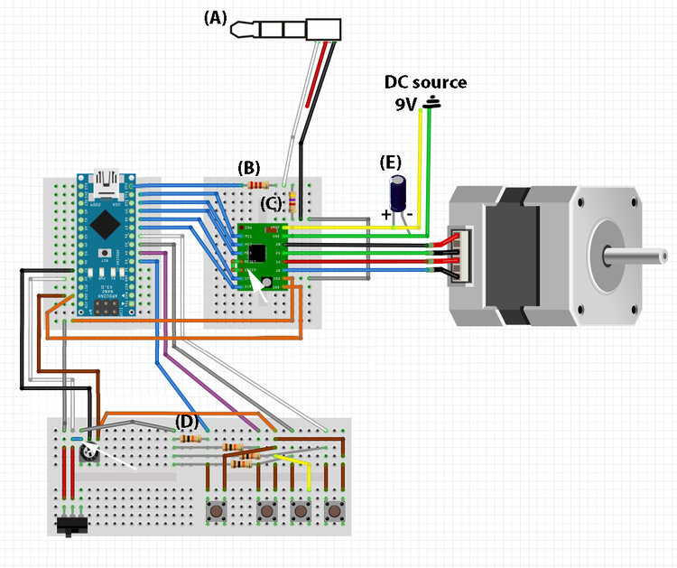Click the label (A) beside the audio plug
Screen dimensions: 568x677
(x=216, y=17)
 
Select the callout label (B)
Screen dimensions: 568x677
(x=248, y=167)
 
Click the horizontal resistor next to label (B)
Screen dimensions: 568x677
(x=259, y=185)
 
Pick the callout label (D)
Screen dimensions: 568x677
(x=186, y=421)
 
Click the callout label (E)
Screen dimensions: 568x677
(x=390, y=163)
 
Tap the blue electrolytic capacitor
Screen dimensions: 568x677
(x=397, y=192)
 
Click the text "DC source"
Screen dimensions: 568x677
(x=426, y=82)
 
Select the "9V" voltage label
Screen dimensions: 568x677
(x=406, y=104)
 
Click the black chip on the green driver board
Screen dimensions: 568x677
(x=258, y=250)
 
